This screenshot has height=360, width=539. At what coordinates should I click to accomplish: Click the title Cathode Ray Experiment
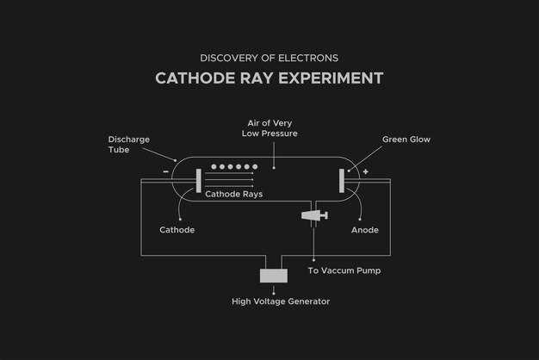pyautogui.click(x=269, y=78)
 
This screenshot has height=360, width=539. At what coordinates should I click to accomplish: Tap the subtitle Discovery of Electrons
pyautogui.click(x=269, y=58)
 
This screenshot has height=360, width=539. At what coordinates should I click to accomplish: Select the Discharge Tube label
pyautogui.click(x=129, y=145)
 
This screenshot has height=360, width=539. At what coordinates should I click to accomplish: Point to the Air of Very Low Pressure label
pyautogui.click(x=269, y=128)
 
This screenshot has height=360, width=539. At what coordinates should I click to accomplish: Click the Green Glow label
pyautogui.click(x=406, y=140)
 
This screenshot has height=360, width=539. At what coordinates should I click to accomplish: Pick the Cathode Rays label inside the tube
pyautogui.click(x=233, y=194)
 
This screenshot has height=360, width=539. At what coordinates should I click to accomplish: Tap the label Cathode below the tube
pyautogui.click(x=177, y=230)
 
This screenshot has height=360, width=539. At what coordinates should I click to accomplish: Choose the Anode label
pyautogui.click(x=365, y=230)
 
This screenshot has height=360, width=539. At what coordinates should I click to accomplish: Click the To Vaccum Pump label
pyautogui.click(x=344, y=270)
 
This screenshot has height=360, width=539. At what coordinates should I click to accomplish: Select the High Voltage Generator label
pyautogui.click(x=281, y=301)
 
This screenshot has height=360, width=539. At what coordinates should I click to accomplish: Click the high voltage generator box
pyautogui.click(x=274, y=276)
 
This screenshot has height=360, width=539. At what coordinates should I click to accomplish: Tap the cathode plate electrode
pyautogui.click(x=199, y=181)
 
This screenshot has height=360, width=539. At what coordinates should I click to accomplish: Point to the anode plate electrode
pyautogui.click(x=341, y=181)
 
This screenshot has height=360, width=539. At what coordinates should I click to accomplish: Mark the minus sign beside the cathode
pyautogui.click(x=165, y=171)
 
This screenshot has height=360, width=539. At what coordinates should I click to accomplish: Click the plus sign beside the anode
pyautogui.click(x=365, y=171)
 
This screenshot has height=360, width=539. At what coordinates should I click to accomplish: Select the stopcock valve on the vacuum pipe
pyautogui.click(x=314, y=215)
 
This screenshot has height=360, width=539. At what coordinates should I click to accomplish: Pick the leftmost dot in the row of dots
pyautogui.click(x=214, y=167)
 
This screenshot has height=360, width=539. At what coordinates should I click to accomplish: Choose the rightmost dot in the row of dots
pyautogui.click(x=255, y=167)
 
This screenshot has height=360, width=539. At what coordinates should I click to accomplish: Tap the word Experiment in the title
pyautogui.click(x=331, y=78)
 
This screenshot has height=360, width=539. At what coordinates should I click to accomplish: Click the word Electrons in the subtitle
pyautogui.click(x=308, y=58)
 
